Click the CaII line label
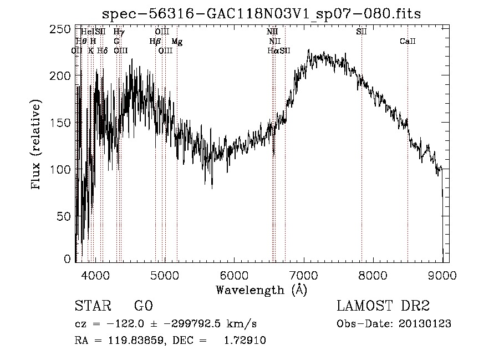pos(408,42)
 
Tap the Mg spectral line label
pos(177,42)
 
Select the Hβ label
pos(155,42)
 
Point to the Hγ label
pos(119,32)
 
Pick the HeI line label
pos(87,32)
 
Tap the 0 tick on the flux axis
pos(68,259)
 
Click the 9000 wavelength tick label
pos(442,275)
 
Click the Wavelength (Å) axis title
pos(261,290)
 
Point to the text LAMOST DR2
pos(383,306)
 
